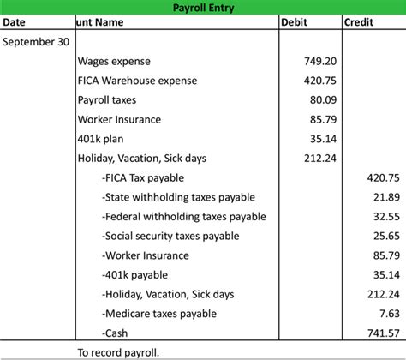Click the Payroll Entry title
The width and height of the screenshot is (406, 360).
(x=203, y=8)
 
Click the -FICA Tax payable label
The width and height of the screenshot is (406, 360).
(x=146, y=177)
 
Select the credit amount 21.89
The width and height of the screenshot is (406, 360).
(x=385, y=197)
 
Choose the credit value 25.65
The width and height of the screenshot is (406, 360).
(x=385, y=236)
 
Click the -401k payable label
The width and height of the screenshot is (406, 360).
(x=134, y=274)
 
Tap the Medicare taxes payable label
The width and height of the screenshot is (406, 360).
(x=158, y=313)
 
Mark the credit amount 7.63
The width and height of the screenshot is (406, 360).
(x=389, y=313)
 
